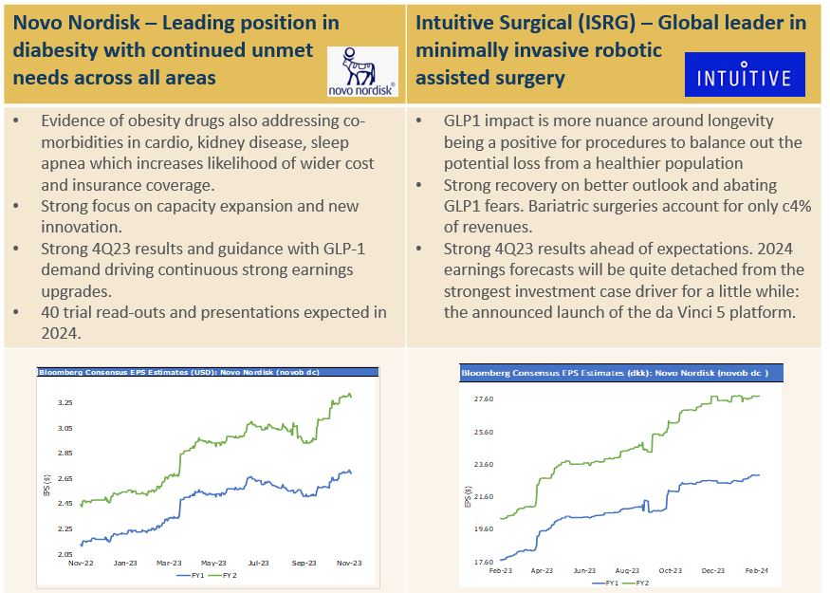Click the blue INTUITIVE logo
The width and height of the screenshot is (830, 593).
click(744, 75)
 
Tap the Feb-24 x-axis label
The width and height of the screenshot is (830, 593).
click(756, 570)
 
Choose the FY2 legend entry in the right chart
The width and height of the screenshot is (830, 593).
click(641, 582)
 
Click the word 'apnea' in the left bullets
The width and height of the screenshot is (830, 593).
click(65, 162)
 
